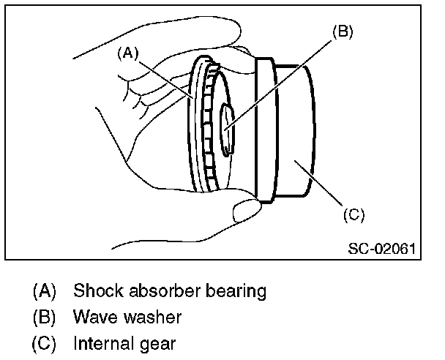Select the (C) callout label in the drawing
pos(353,214)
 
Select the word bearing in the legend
pos(236,292)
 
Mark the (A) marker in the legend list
pos(44,291)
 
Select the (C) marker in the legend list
pos(44,342)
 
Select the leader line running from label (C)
pos(322,184)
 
